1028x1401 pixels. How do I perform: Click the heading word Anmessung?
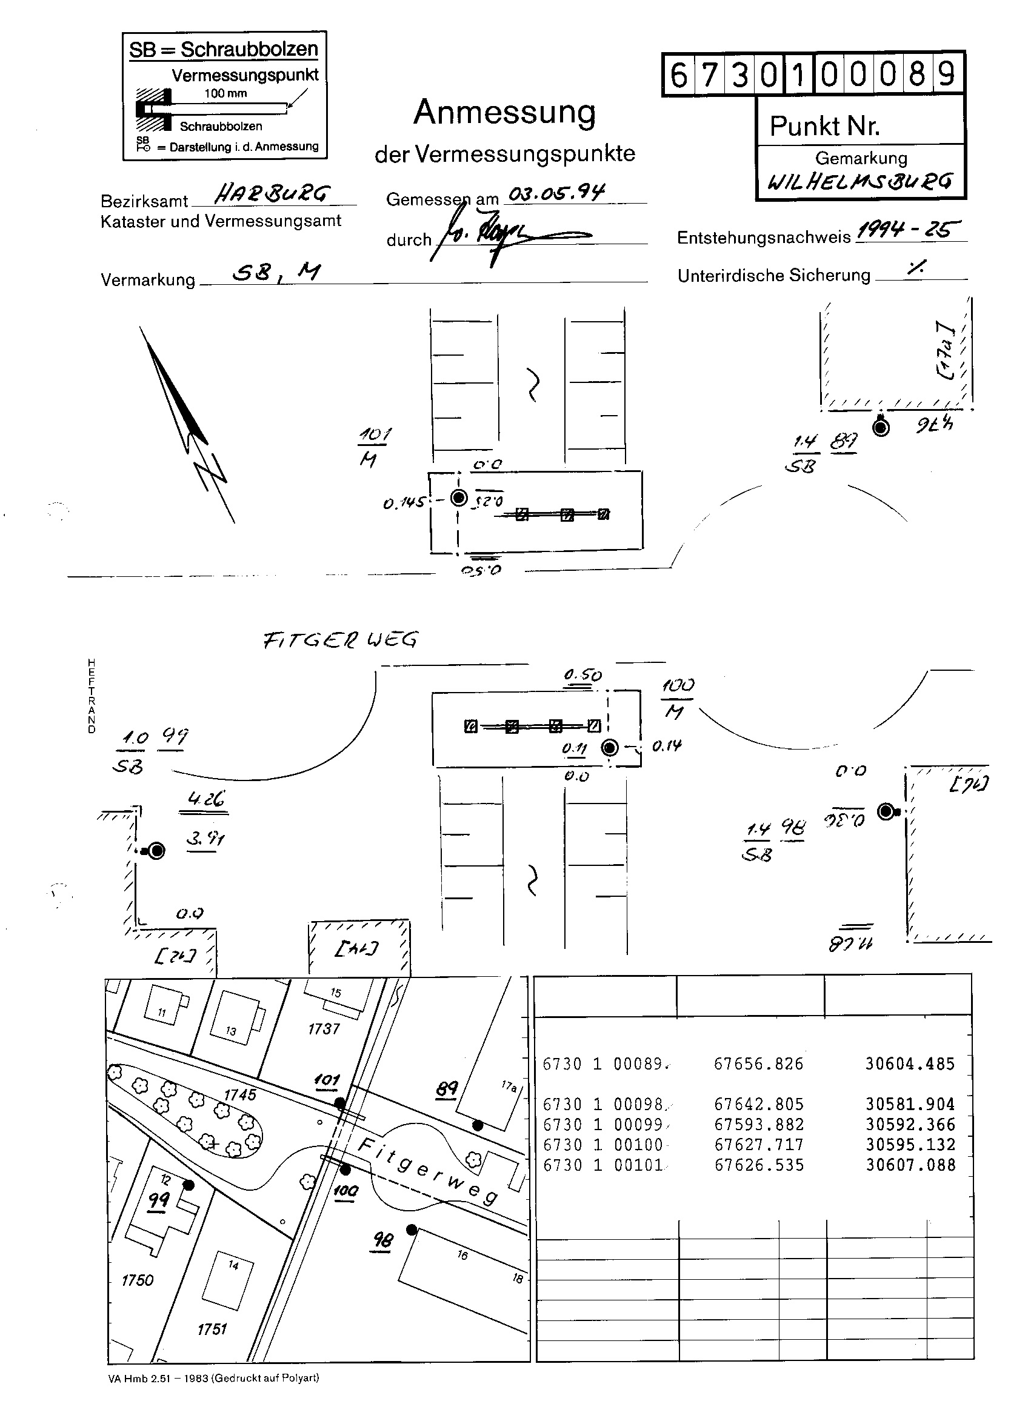(x=504, y=112)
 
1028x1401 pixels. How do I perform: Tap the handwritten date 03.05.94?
(x=556, y=193)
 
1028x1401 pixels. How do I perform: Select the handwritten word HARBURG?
(x=272, y=194)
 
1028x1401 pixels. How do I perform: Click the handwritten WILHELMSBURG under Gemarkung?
(x=860, y=182)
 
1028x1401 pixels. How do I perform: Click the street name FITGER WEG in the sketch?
(x=341, y=640)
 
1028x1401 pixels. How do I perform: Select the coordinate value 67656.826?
(x=758, y=1064)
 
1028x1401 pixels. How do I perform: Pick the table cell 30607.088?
(x=910, y=1165)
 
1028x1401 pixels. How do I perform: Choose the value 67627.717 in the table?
(x=758, y=1145)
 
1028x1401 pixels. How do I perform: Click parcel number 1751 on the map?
(x=212, y=1329)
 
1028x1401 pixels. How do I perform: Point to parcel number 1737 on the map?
(x=324, y=1029)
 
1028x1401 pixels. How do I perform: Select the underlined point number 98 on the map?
(x=382, y=1240)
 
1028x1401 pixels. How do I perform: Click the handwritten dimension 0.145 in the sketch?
(x=404, y=503)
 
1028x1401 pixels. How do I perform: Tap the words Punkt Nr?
(x=824, y=126)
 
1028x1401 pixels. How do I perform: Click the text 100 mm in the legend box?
(x=225, y=93)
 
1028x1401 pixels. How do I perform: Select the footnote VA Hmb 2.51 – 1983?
(x=158, y=1378)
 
